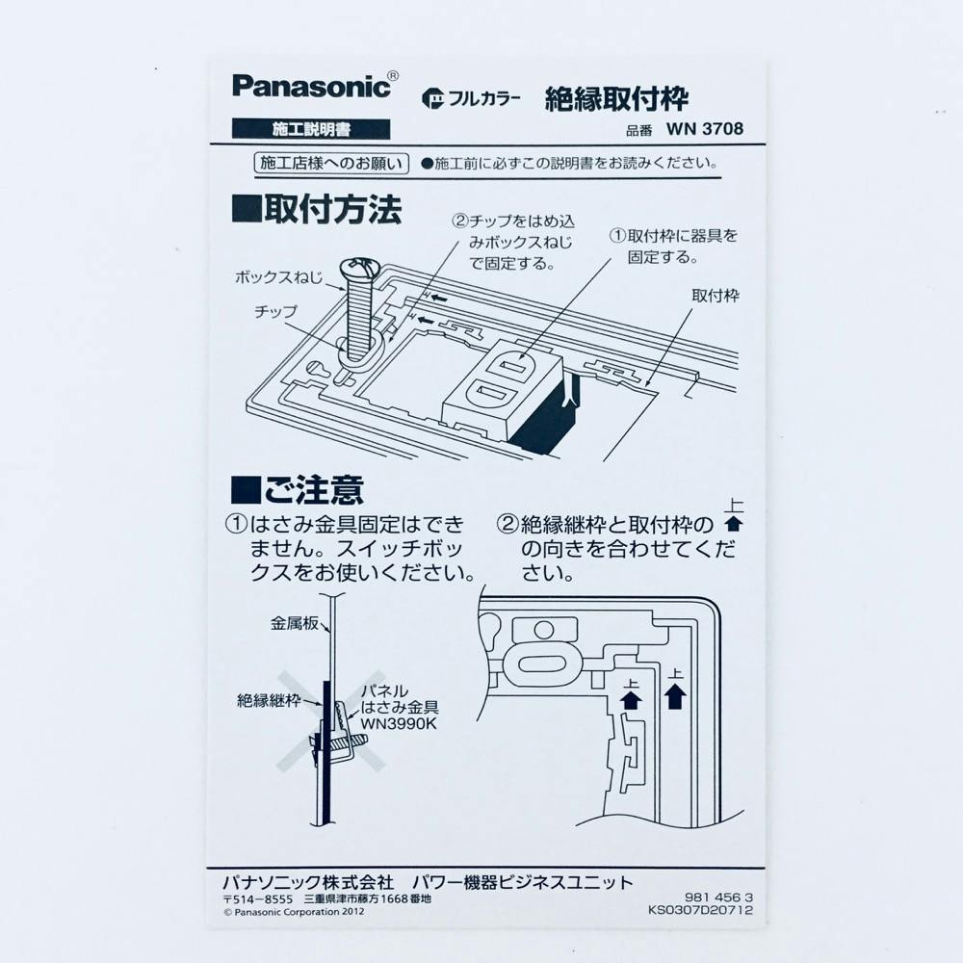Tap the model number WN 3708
[x=705, y=129]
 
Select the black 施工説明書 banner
[x=311, y=129]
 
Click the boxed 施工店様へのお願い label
[x=331, y=164]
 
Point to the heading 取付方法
[x=317, y=209]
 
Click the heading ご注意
[x=298, y=490]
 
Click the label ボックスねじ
[x=279, y=277]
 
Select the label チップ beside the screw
[x=275, y=312]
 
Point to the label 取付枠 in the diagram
[x=716, y=296]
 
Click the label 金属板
[x=295, y=623]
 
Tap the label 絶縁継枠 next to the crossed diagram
[x=269, y=701]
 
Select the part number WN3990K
[x=399, y=724]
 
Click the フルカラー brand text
[x=471, y=98]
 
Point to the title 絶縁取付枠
[x=616, y=99]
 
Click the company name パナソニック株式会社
[x=308, y=883]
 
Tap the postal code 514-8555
[x=258, y=899]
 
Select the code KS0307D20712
[x=701, y=910]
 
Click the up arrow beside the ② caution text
[x=734, y=524]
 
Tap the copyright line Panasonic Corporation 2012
[x=294, y=912]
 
